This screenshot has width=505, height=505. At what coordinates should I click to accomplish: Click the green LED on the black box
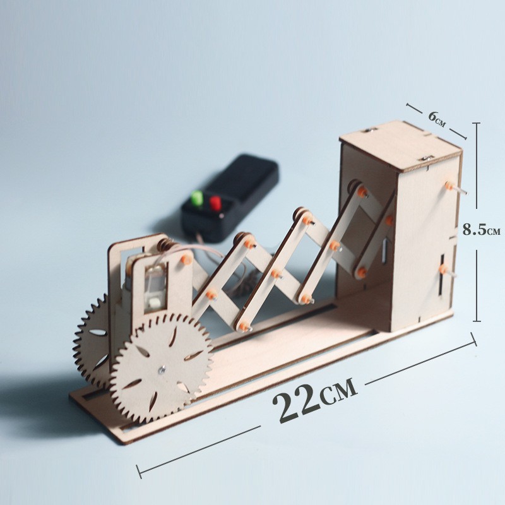coord(197,198)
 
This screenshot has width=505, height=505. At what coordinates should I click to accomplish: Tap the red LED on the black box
coord(215,203)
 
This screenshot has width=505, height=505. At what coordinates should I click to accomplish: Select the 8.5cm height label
coord(481,230)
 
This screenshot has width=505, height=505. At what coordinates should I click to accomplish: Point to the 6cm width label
coord(437,119)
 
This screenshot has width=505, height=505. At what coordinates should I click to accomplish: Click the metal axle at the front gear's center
coord(162,371)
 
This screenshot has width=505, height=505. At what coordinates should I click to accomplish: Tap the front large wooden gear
coord(162,368)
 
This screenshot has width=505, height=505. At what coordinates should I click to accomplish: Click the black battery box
coord(230,198)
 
